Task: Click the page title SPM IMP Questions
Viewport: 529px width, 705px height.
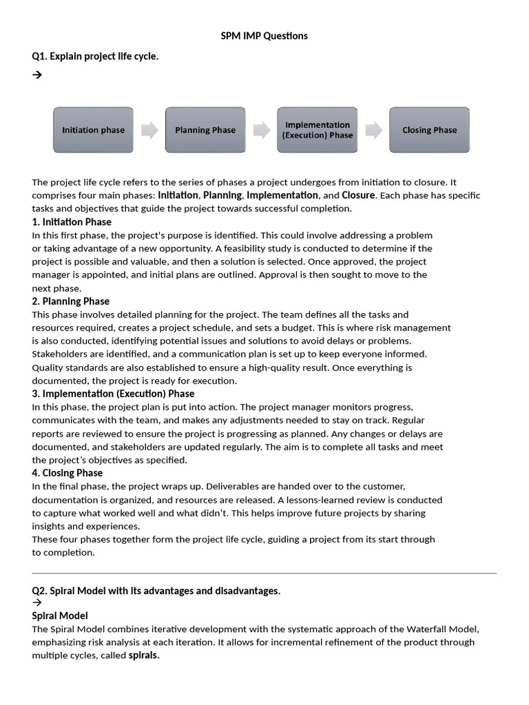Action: pos(264,36)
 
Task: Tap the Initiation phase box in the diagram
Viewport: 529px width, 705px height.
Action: pos(93,130)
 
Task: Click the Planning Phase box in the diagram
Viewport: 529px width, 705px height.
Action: pos(205,130)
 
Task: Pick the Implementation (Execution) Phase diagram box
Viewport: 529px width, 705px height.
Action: pos(317,130)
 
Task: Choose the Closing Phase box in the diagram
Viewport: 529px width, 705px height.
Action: pos(429,130)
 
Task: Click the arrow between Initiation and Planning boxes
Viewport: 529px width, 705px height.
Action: pos(149,130)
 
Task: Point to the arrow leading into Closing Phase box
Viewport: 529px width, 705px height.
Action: pos(373,130)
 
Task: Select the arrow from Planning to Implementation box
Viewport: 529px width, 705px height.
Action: pos(261,130)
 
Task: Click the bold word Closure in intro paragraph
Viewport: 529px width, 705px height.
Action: pos(358,196)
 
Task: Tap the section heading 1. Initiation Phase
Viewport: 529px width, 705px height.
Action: pos(72,222)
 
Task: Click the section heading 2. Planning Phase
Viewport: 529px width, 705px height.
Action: pos(70,301)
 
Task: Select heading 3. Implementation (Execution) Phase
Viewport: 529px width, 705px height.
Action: pos(113,394)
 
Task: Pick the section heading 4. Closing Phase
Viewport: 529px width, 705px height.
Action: pos(67,473)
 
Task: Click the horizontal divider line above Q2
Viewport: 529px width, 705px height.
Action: pos(264,573)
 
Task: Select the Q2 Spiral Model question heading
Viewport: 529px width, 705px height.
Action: pos(156,591)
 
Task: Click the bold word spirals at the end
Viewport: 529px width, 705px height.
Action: pos(144,655)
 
